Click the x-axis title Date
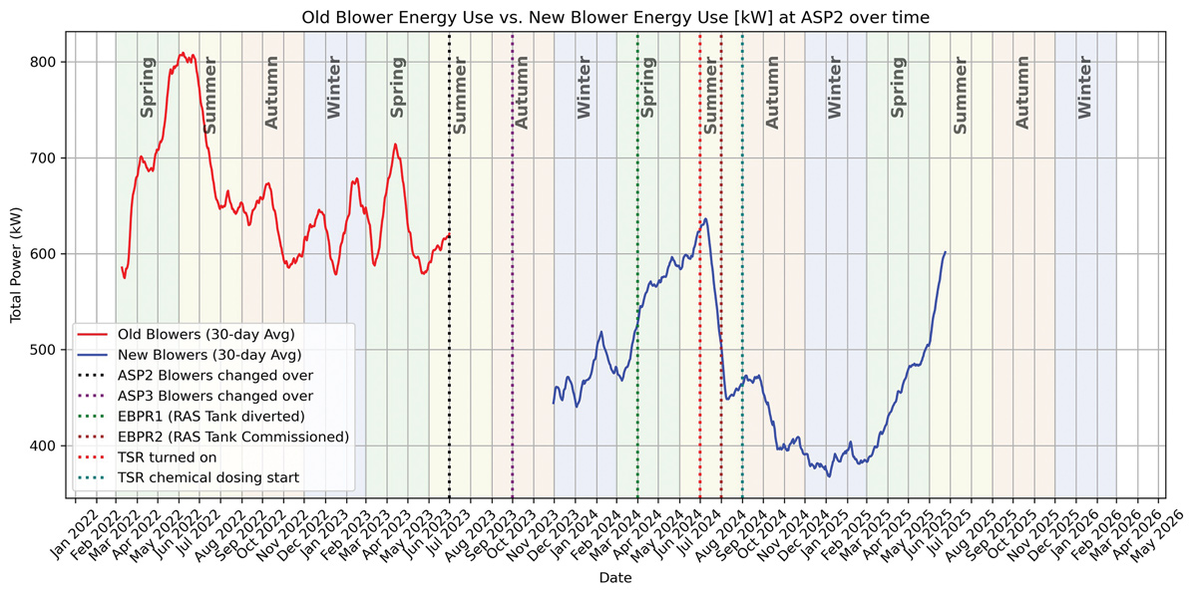click(614, 577)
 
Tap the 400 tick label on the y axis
click(48, 446)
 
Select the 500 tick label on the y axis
click(48, 350)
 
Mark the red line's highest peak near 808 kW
click(182, 54)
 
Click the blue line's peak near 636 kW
click(705, 219)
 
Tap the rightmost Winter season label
click(1085, 88)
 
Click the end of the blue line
click(946, 252)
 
